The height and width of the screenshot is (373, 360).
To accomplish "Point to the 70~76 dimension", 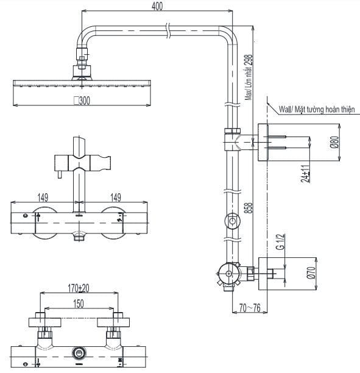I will tap(250, 308).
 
